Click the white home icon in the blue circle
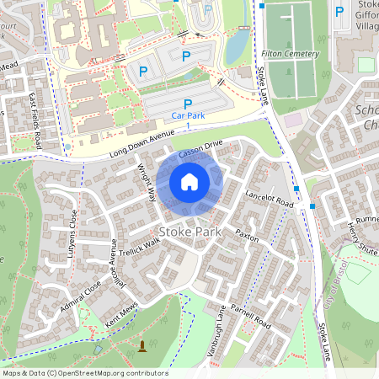[189, 182]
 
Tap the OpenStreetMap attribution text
[84, 373]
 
